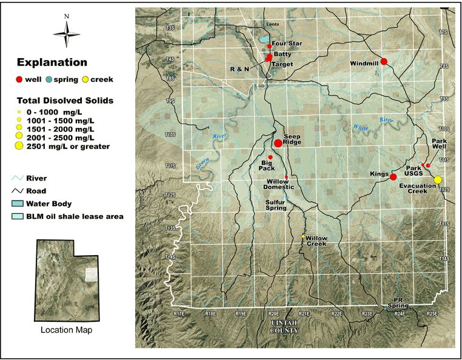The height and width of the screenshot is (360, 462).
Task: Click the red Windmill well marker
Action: coord(384,61)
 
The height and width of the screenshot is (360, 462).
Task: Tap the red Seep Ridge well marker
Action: coord(278,143)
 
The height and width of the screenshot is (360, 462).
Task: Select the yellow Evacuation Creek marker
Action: coord(438,179)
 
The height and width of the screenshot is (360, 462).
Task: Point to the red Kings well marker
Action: coord(393,177)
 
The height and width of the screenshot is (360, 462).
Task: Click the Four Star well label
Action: coord(287,44)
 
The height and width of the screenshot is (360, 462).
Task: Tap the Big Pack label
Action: coord(267,165)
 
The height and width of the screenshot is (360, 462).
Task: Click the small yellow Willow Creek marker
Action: coord(303,236)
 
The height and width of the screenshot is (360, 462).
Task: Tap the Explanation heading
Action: coord(52,62)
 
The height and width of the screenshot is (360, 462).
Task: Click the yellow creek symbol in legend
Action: coord(85,79)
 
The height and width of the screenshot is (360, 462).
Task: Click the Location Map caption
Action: coord(66,330)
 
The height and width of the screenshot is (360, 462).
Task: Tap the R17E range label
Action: coord(179,313)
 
